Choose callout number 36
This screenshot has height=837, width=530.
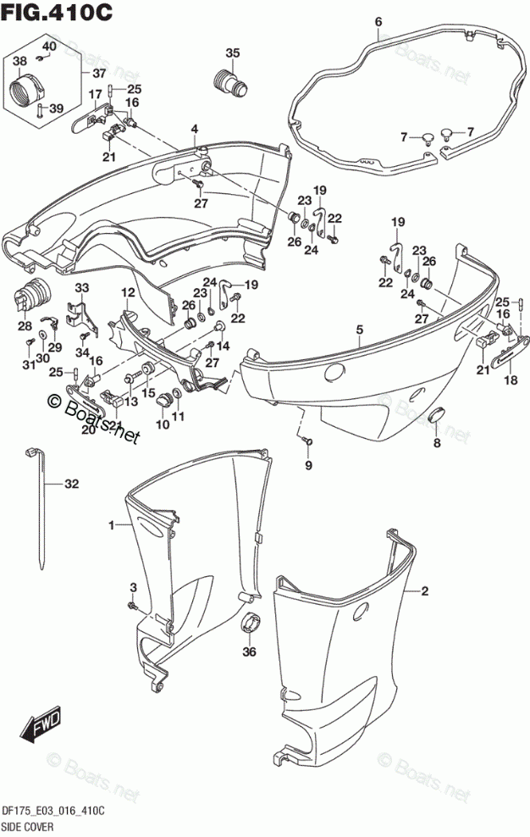[249, 652]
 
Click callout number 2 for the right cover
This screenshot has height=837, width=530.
[425, 591]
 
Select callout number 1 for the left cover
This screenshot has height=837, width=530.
[111, 526]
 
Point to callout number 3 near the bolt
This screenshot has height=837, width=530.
[133, 588]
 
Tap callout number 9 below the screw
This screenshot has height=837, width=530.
[309, 465]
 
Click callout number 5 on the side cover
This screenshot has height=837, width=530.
[359, 330]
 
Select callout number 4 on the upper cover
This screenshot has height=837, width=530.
[194, 129]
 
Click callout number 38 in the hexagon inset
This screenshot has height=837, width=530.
[20, 61]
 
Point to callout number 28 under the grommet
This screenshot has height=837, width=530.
[25, 326]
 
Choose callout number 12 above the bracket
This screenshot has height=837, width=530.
[127, 292]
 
